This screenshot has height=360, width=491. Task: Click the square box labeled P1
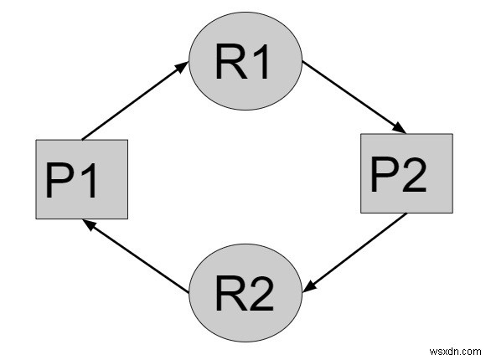[x=81, y=179]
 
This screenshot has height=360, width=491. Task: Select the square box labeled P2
[x=406, y=172]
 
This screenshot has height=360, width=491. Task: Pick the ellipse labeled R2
[x=244, y=291]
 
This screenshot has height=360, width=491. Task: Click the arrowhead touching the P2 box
[x=401, y=129]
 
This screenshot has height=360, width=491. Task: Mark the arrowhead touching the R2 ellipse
[x=308, y=287]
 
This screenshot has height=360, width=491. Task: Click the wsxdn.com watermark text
[x=456, y=343]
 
